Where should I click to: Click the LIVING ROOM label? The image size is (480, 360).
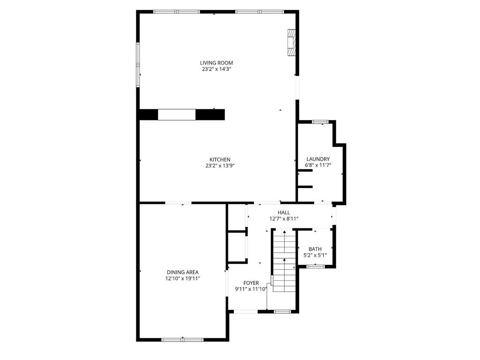[x=217, y=63]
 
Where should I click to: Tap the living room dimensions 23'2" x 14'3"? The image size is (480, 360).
[x=216, y=69]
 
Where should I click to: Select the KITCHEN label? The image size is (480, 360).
[x=220, y=159]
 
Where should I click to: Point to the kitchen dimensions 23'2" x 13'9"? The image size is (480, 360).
[x=220, y=166]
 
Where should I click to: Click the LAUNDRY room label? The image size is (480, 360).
[x=318, y=159]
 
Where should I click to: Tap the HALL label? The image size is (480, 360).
[x=284, y=212]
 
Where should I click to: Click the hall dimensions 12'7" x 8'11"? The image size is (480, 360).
[x=284, y=219]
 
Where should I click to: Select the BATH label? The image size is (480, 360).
[x=315, y=249]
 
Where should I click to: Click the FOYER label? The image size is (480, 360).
[x=251, y=283]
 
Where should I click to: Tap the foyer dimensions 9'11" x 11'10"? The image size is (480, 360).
[x=251, y=289]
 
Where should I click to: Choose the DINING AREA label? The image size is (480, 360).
[x=182, y=272]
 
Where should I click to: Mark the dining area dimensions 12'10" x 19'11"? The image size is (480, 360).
[x=182, y=278]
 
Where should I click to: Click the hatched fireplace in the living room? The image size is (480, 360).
[x=291, y=43]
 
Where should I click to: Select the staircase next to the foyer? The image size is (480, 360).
[x=285, y=260]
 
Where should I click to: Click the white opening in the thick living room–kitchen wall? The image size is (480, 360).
[x=177, y=114]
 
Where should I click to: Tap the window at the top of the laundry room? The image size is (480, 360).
[x=320, y=122]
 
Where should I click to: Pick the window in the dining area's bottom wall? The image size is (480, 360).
[x=182, y=339]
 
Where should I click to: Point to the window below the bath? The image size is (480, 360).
[x=315, y=267]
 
